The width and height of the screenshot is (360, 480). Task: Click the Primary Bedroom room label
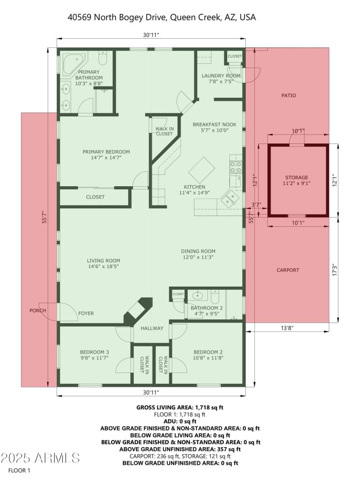click(x=106, y=152)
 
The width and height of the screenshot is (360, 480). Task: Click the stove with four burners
click(x=236, y=167)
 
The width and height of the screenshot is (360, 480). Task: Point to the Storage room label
click(x=297, y=177)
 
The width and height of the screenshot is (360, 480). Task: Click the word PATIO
click(x=288, y=95)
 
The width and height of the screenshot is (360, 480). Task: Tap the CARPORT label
click(x=288, y=270)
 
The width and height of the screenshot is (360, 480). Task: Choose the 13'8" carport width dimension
click(x=288, y=328)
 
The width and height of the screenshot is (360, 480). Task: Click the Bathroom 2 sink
click(x=197, y=296)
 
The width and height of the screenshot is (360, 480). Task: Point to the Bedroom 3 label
click(x=94, y=352)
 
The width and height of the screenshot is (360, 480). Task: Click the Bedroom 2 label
click(x=208, y=352)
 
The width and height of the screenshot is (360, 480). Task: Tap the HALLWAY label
click(x=152, y=328)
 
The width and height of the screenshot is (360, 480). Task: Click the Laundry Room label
click(x=221, y=76)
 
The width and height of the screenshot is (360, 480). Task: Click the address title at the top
click(x=162, y=17)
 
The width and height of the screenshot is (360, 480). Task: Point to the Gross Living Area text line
click(x=180, y=407)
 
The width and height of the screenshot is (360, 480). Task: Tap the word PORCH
click(x=38, y=310)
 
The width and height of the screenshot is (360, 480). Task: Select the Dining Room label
click(x=198, y=251)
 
